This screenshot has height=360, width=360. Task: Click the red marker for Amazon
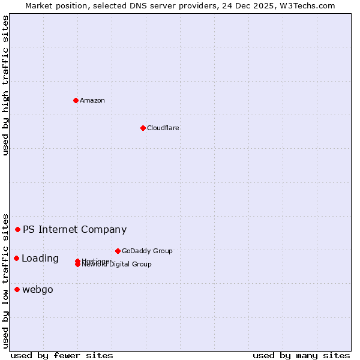tap(76, 100)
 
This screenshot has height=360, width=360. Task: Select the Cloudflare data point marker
tap(143, 128)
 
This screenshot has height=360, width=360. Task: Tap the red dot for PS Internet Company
tap(18, 229)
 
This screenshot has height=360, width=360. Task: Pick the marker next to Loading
tap(16, 258)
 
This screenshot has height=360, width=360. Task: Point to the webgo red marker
tap(17, 289)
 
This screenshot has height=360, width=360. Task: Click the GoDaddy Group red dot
tap(118, 251)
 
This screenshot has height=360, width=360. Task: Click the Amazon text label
tap(92, 100)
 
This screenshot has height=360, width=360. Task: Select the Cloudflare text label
tap(163, 128)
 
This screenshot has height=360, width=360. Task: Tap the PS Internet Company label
tap(74, 229)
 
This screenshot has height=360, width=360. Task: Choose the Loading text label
tap(40, 259)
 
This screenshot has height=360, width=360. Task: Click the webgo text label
tap(38, 290)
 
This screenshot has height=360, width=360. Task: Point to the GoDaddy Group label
tap(147, 251)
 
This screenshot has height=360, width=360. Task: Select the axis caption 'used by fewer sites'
tap(62, 355)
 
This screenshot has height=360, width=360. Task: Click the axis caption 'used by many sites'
tap(301, 355)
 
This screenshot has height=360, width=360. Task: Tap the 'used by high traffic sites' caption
tap(6, 85)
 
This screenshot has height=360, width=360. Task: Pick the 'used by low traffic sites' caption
tap(6, 280)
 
